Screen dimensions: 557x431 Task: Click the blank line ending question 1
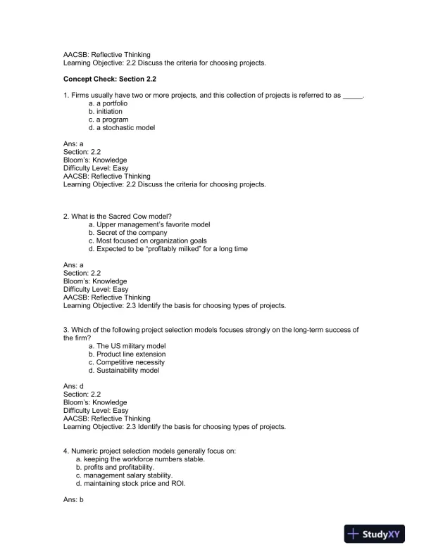352,95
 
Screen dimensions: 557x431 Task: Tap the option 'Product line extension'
127,354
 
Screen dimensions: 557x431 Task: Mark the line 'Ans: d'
73,387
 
